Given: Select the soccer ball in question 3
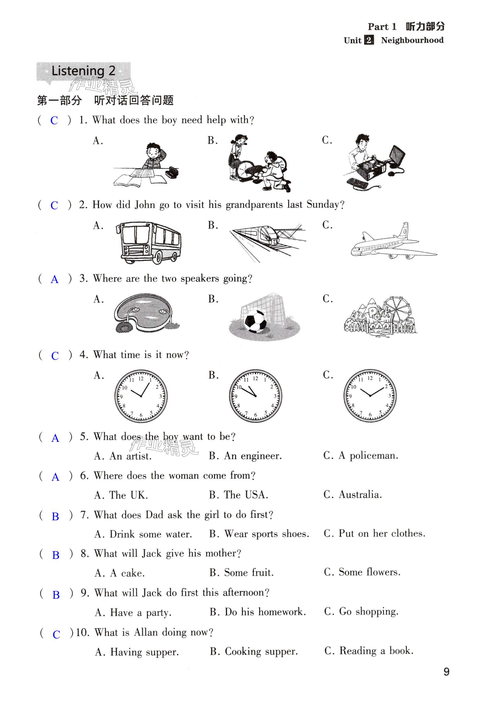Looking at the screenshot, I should click(255, 321).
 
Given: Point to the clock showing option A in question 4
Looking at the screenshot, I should click(141, 396).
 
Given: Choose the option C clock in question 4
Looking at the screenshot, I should click(370, 395).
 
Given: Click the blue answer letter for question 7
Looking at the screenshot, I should click(55, 516).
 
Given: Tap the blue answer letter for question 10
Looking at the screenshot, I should click(56, 634).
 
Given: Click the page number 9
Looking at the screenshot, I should click(446, 671).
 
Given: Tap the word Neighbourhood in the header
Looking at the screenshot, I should click(412, 40).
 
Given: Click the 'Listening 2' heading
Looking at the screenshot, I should click(83, 71).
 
